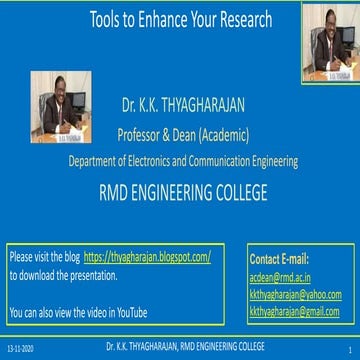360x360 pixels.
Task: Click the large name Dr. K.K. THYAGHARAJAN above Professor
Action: [180, 102]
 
